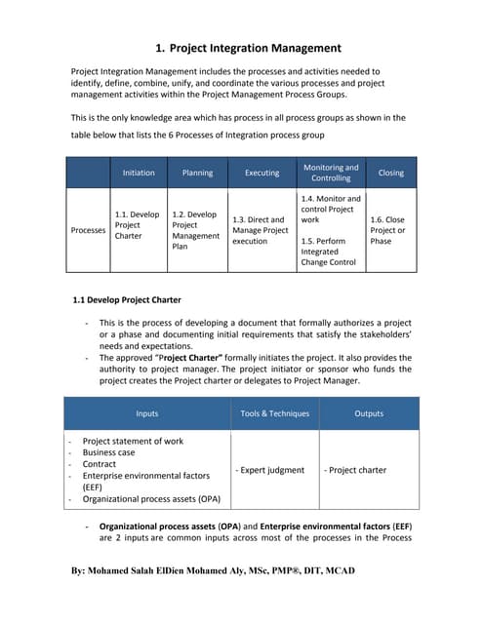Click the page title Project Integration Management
click(248, 48)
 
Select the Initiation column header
click(139, 173)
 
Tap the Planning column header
click(197, 173)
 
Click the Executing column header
click(261, 173)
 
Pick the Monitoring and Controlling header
click(331, 173)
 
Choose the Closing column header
click(389, 173)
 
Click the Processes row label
click(89, 230)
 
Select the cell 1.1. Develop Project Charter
click(137, 224)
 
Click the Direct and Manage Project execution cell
click(261, 230)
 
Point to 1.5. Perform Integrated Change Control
click(330, 252)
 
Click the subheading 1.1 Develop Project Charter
click(127, 299)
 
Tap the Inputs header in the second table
click(147, 413)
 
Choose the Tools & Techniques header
click(274, 413)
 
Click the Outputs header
click(369, 413)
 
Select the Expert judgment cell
click(271, 470)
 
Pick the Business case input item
click(109, 453)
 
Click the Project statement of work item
click(133, 441)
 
